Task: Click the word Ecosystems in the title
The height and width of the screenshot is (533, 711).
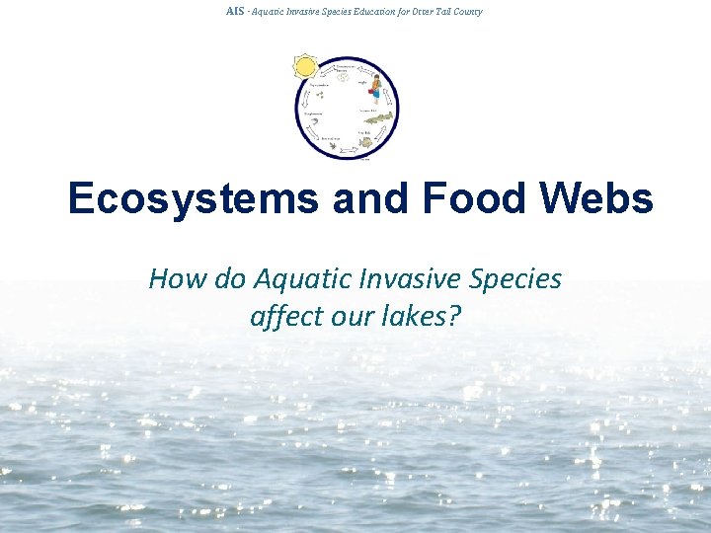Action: (x=194, y=198)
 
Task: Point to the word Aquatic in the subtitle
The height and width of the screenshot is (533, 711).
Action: (x=296, y=279)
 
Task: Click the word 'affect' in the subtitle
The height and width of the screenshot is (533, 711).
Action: (x=287, y=317)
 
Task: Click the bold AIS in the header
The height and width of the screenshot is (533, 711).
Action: (x=234, y=11)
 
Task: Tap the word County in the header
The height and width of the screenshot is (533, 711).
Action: (x=466, y=11)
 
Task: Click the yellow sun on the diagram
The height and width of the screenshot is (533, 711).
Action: (x=305, y=66)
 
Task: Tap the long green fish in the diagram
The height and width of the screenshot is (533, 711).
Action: (x=378, y=118)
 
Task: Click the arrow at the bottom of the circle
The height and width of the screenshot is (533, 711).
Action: (x=347, y=155)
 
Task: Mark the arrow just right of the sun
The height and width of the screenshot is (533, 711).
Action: (x=325, y=64)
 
